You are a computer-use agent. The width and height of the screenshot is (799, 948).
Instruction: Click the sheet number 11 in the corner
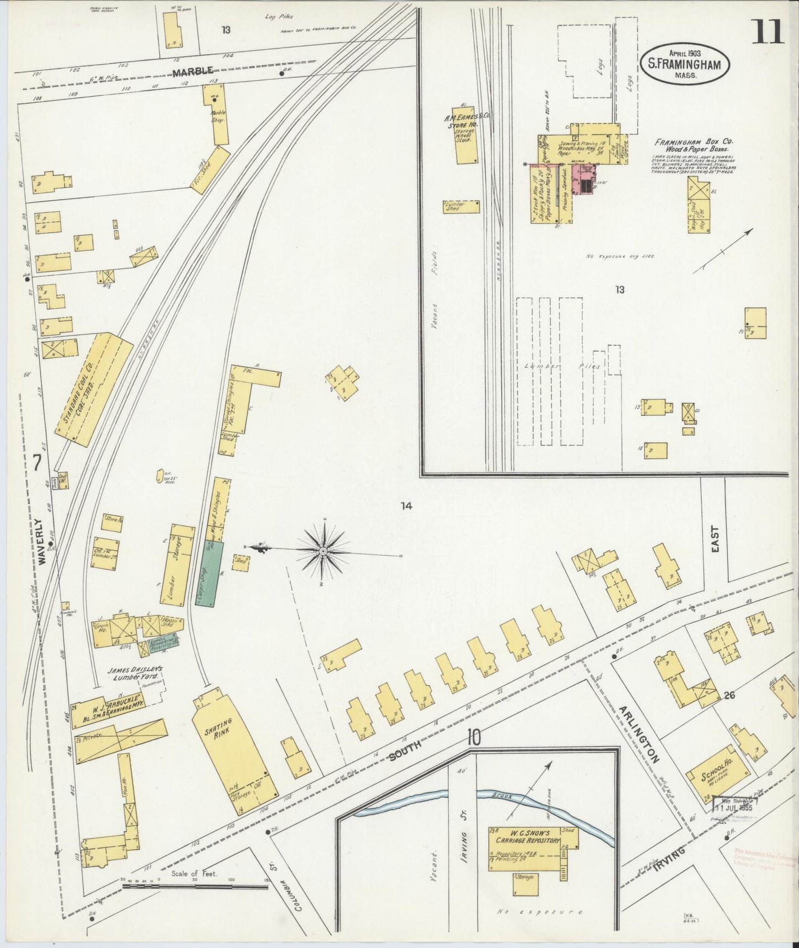tap(768, 31)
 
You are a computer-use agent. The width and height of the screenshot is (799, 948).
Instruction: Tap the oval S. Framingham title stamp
tap(685, 64)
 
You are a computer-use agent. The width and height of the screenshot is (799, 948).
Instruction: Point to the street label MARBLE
tap(192, 72)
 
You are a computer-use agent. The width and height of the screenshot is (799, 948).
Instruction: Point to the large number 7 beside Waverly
tap(36, 463)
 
